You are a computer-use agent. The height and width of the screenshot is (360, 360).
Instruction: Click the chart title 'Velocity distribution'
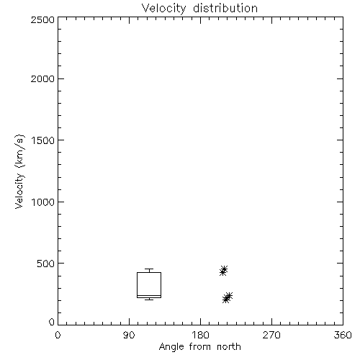click(199, 8)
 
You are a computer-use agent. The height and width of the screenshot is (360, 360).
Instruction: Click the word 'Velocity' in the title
click(163, 9)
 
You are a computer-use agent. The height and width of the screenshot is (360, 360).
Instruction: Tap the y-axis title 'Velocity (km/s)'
click(19, 171)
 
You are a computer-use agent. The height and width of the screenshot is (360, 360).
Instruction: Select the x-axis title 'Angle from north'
click(199, 347)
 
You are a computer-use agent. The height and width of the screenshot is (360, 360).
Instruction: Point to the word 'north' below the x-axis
click(229, 347)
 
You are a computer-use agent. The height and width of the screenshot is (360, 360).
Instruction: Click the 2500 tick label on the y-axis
click(42, 19)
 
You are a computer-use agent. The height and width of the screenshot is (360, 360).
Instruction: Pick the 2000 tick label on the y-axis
click(42, 78)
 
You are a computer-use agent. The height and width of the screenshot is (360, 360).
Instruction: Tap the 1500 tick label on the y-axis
click(43, 140)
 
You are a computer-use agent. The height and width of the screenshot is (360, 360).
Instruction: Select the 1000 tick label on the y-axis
click(43, 202)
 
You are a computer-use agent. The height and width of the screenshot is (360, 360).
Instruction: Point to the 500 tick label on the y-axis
click(46, 264)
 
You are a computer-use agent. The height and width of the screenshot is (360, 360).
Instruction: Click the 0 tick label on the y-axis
click(52, 322)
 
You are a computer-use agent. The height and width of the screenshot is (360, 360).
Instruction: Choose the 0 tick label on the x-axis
click(58, 335)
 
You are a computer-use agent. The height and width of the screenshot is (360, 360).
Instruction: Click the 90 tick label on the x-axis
click(129, 335)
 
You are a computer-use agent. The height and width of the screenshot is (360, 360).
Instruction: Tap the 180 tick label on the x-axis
click(200, 335)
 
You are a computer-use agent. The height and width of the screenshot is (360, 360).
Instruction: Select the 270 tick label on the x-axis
click(271, 335)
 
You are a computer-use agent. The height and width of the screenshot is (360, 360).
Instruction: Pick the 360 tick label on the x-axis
click(343, 335)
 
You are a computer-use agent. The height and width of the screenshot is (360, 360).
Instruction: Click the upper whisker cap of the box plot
click(149, 269)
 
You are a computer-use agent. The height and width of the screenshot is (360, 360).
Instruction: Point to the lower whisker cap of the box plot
click(149, 300)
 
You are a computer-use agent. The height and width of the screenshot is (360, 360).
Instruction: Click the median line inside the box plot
click(149, 295)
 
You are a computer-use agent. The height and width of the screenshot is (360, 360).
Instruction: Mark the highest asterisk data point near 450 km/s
click(224, 269)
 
